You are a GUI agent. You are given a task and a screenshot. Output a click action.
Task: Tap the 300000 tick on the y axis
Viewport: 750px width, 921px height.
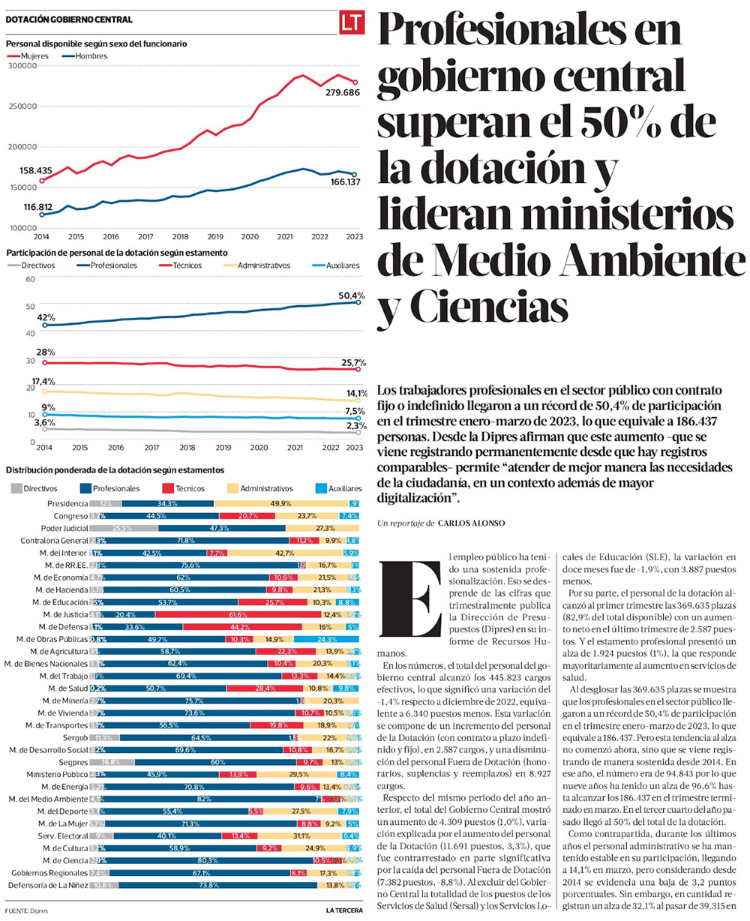point(22,66)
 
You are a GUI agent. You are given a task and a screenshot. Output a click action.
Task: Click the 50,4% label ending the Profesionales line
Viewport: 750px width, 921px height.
point(351,295)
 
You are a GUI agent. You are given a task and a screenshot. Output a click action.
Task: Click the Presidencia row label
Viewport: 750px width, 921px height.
point(67,503)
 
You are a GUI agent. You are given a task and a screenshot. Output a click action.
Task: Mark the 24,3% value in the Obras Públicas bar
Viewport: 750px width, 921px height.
point(326,639)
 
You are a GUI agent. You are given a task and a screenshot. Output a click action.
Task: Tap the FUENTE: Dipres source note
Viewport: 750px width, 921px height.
point(21,910)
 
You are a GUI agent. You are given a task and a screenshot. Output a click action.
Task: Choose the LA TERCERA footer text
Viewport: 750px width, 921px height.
point(343,910)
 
